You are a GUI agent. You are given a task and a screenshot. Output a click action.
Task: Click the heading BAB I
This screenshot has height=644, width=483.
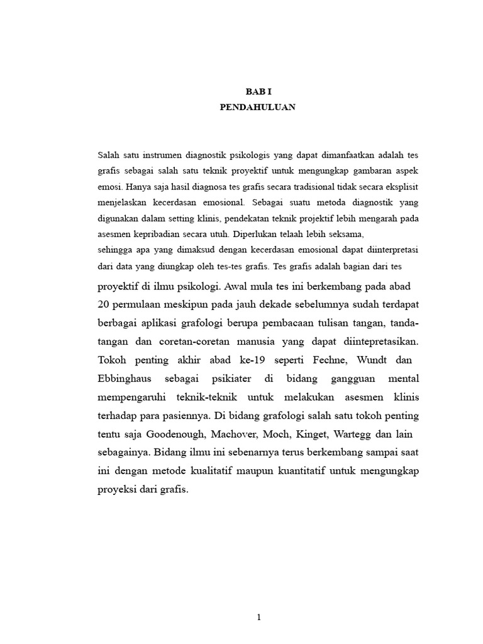(x=257, y=92)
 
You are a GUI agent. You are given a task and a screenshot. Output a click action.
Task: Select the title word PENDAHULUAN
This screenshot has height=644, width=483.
(x=257, y=108)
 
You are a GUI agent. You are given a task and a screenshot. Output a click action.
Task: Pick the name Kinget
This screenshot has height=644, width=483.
(x=309, y=435)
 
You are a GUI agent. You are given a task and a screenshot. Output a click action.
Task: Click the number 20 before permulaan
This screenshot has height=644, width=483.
(x=104, y=305)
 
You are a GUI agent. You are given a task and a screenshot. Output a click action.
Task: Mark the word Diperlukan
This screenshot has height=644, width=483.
(x=256, y=234)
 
